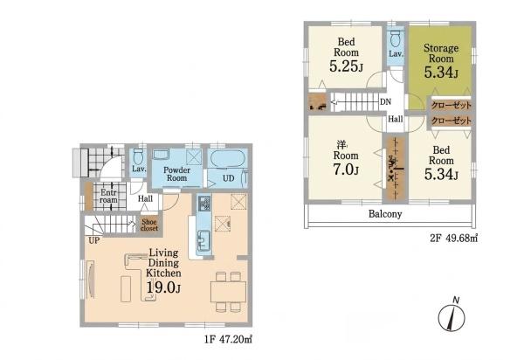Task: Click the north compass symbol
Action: click(452, 316)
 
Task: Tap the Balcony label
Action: click(385, 214)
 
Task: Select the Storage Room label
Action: click(441, 53)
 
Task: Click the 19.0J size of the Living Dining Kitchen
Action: click(164, 287)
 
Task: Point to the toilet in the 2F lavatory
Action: click(396, 38)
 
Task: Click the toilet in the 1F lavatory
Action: click(138, 156)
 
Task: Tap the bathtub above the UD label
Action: click(228, 159)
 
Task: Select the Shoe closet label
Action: click(149, 225)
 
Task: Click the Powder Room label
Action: click(176, 174)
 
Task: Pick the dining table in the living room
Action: click(228, 292)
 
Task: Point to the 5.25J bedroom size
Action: click(346, 66)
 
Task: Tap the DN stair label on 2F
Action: click(385, 101)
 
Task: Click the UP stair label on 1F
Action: click(94, 240)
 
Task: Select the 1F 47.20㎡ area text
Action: click(229, 340)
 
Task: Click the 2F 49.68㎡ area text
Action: click(453, 239)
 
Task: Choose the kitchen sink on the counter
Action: click(203, 240)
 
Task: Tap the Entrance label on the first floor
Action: click(108, 197)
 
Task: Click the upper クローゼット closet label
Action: click(452, 106)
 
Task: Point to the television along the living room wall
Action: click(90, 280)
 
